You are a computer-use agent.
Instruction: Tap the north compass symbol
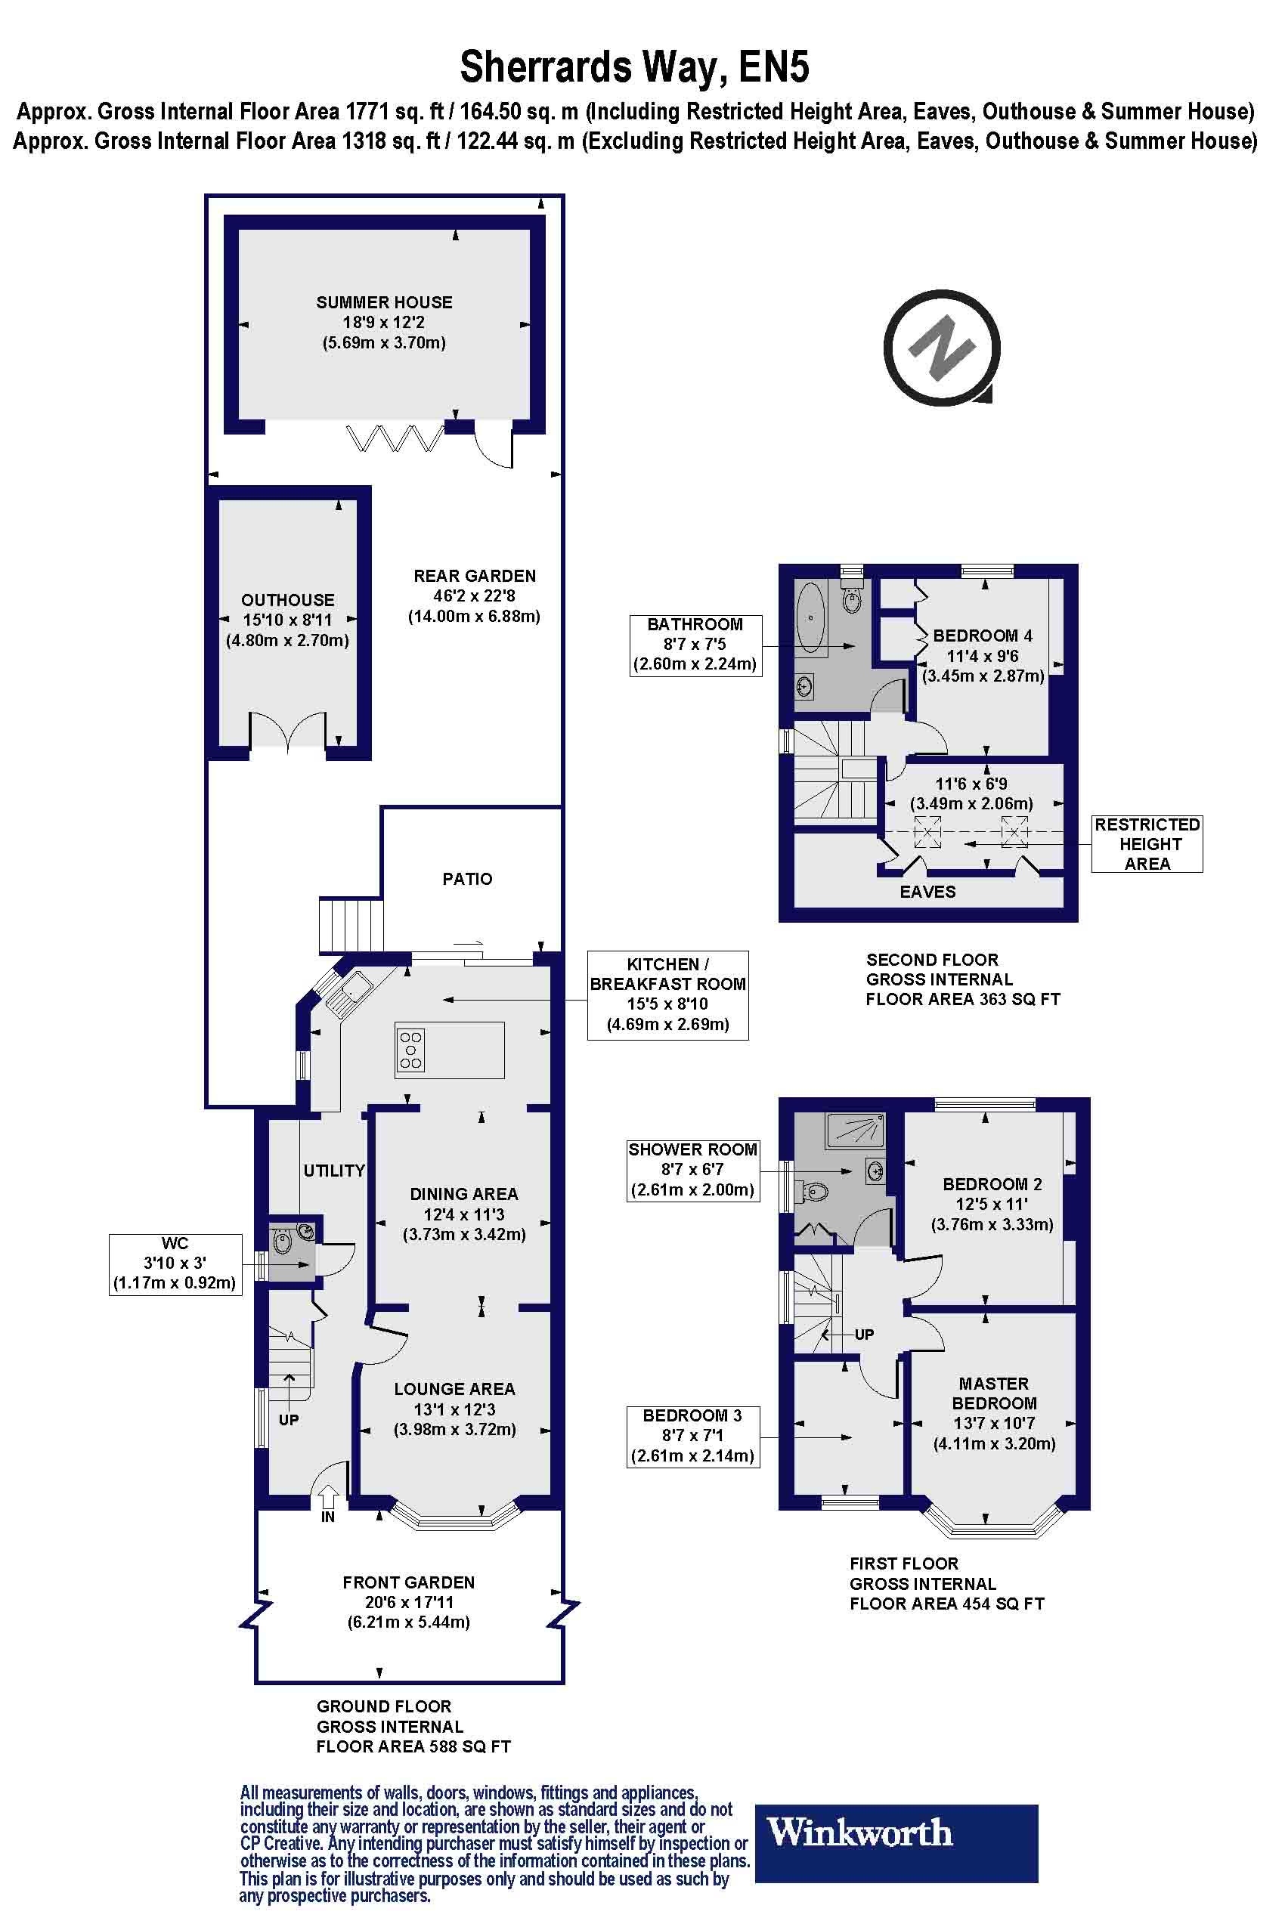click(943, 348)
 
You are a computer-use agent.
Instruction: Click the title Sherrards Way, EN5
click(634, 67)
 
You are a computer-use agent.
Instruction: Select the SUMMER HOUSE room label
click(384, 302)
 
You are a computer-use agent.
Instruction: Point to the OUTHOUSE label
click(288, 600)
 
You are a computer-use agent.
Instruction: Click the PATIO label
click(467, 879)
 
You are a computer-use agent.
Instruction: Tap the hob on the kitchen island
click(410, 1050)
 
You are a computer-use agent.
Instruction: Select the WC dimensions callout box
click(175, 1264)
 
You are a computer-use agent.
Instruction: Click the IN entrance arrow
click(328, 1497)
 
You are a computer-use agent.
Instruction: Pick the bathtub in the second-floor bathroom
click(810, 617)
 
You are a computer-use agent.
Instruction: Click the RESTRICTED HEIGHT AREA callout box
click(1147, 843)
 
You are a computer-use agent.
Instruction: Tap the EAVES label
click(927, 892)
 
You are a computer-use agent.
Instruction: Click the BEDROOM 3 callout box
click(692, 1437)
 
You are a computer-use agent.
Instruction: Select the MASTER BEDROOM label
click(994, 1393)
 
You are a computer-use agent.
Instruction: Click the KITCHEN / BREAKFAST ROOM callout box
click(668, 994)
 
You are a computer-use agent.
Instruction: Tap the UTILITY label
click(334, 1171)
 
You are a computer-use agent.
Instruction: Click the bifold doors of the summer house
click(395, 438)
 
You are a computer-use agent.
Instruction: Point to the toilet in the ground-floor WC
click(282, 1242)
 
